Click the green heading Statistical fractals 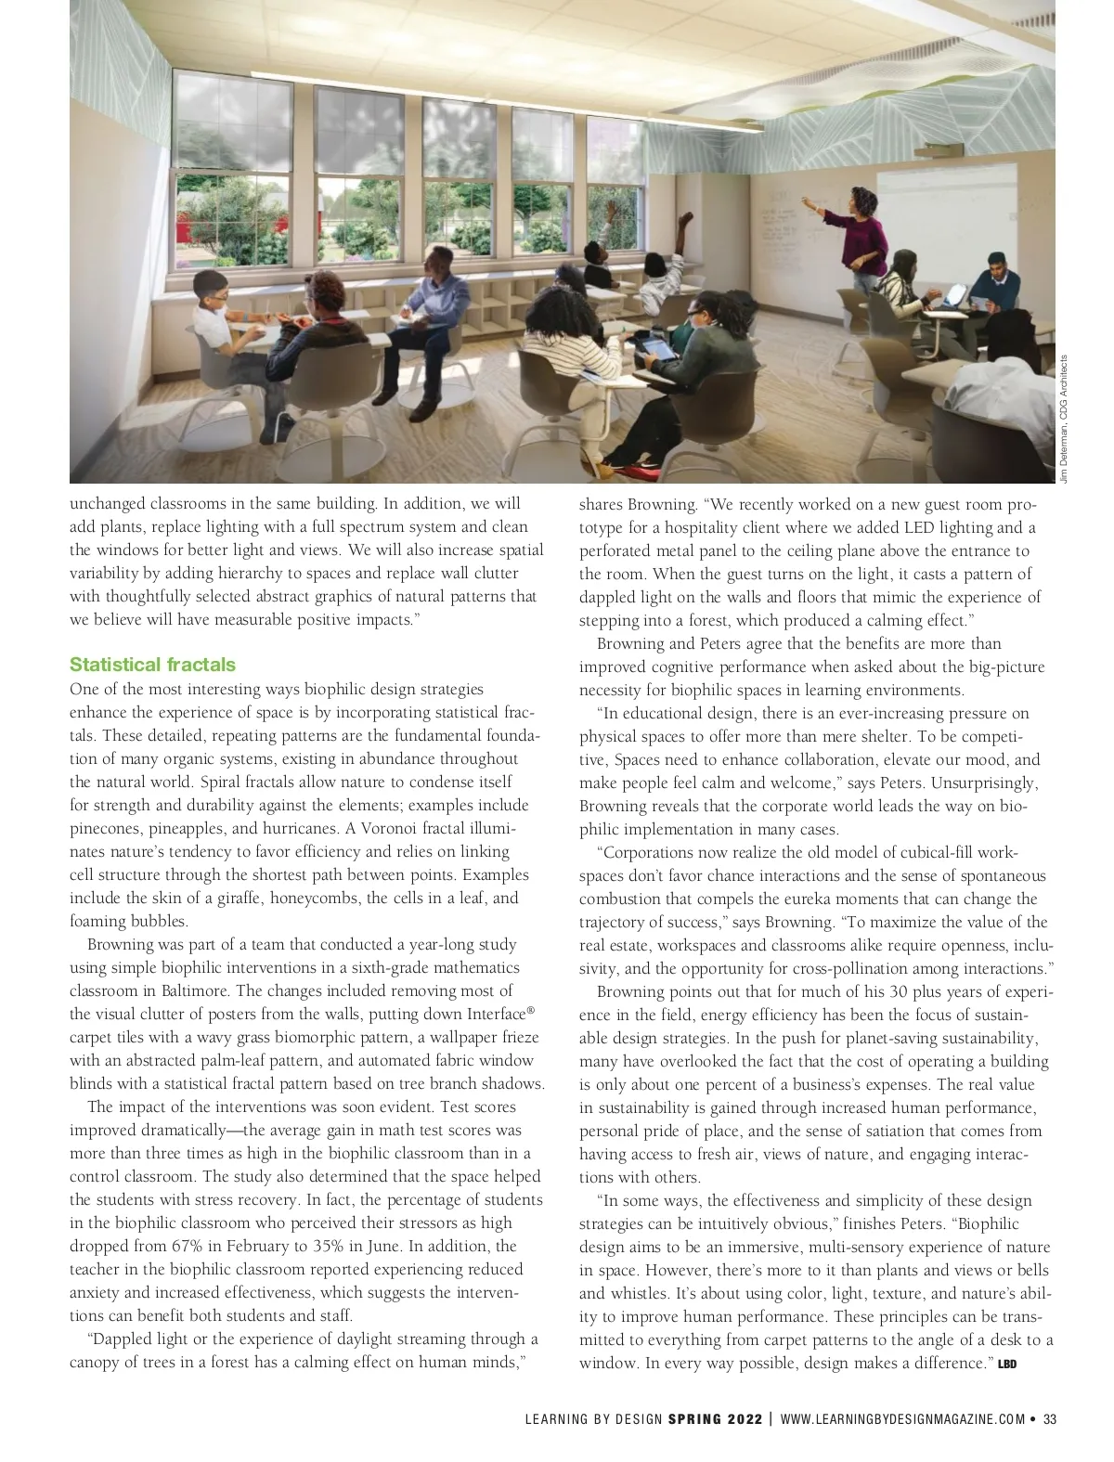[x=152, y=665]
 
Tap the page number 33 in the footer [x=1049, y=1418]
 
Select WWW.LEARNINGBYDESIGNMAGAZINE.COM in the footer [x=902, y=1418]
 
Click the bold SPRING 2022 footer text [x=715, y=1418]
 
